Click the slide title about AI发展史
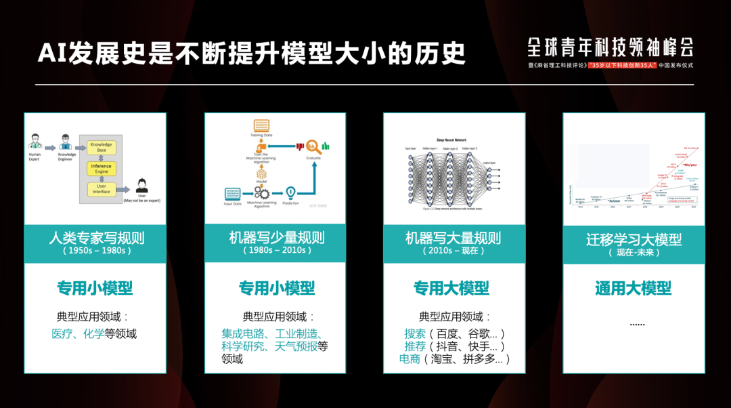252,53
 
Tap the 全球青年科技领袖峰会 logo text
611,47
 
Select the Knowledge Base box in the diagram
102,147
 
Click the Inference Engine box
102,169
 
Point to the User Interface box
102,189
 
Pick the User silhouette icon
142,185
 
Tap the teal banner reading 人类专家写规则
95,243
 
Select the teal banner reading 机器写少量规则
276,243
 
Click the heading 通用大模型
634,288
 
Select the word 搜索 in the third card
415,333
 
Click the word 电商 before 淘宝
409,359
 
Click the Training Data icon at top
261,126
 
